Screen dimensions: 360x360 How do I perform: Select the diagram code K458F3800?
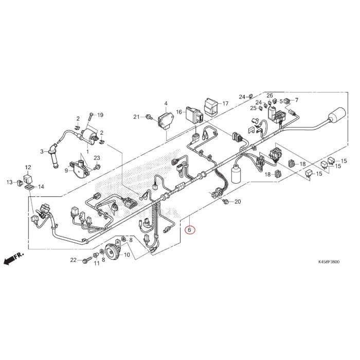[329, 262]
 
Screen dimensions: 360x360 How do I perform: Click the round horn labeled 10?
[113, 251]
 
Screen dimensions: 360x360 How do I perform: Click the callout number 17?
[225, 103]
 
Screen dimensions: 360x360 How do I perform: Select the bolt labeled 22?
[87, 260]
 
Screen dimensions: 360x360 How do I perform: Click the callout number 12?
[28, 167]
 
